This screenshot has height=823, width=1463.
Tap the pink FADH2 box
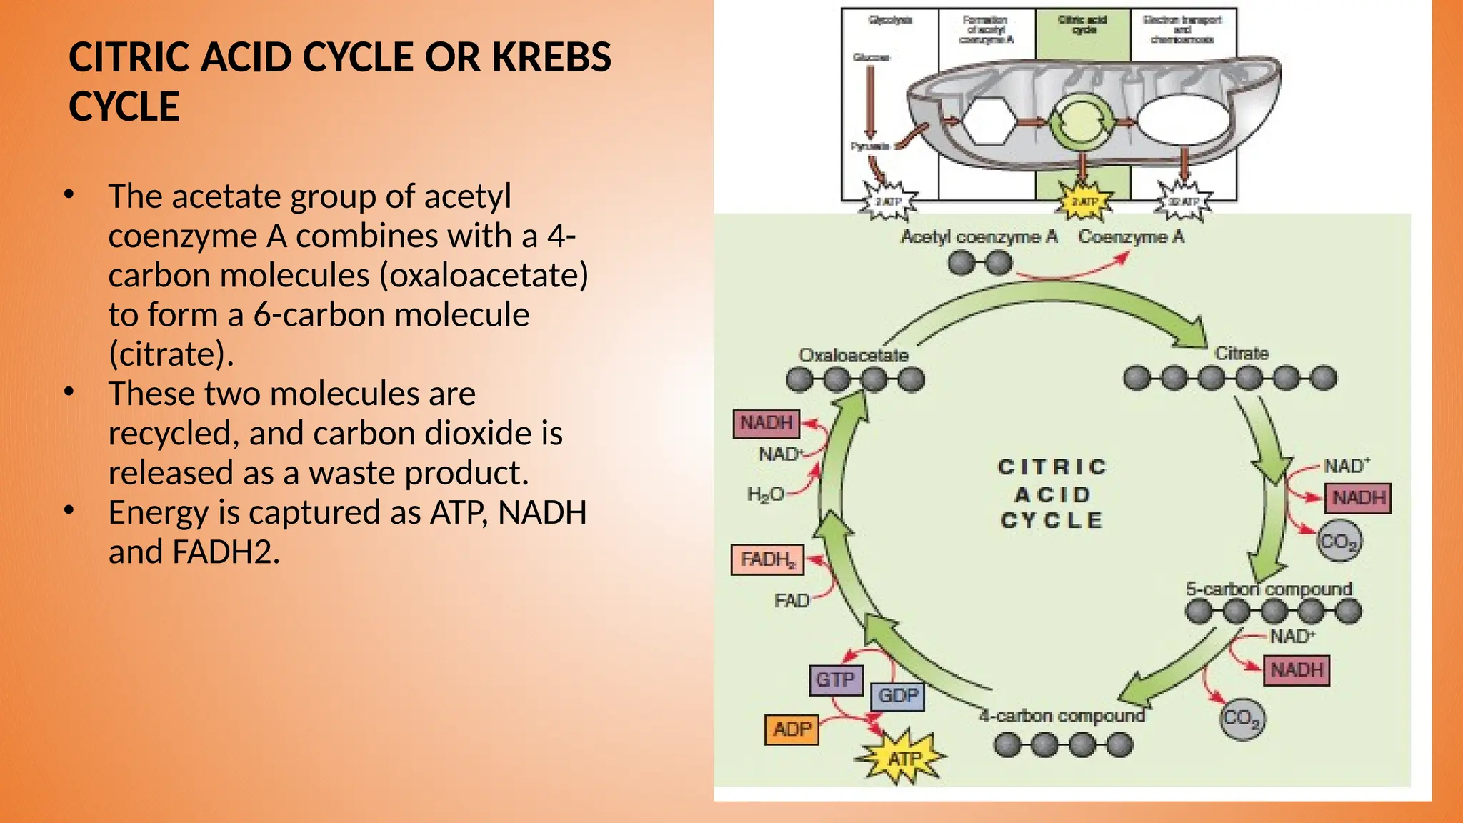(767, 559)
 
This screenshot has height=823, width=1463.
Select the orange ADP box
(792, 729)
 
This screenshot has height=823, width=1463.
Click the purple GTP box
(835, 679)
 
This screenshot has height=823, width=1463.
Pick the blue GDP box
(897, 696)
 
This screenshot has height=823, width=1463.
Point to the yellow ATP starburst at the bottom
(904, 757)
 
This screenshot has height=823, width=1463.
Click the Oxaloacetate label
(853, 355)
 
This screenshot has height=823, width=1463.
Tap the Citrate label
(1242, 354)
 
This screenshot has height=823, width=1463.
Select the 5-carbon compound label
(1269, 589)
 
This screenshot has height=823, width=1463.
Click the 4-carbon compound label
(1062, 716)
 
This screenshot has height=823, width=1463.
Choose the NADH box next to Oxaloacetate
(766, 423)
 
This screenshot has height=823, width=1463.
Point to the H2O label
(765, 494)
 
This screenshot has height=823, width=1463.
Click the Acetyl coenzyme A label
(978, 237)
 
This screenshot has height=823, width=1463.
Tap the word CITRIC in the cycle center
(1052, 467)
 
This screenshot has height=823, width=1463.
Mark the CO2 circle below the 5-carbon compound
(1241, 718)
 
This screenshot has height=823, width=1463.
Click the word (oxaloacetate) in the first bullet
(484, 276)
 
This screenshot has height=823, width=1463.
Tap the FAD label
(792, 601)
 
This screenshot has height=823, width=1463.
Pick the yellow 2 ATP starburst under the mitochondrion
(1084, 202)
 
